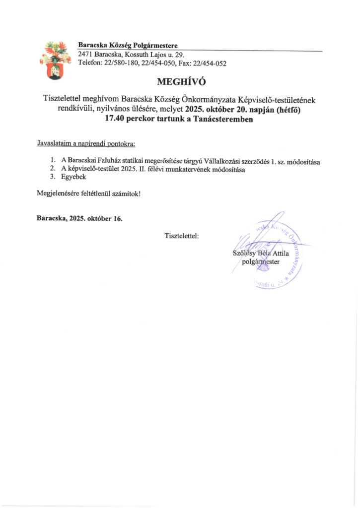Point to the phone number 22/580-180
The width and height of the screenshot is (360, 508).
(x=121, y=63)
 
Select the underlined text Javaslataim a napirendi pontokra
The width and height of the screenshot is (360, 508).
(x=86, y=144)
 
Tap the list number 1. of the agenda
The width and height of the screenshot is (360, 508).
(x=53, y=162)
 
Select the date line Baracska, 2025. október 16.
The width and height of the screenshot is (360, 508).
(x=79, y=218)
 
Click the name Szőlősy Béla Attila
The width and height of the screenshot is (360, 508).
(x=261, y=254)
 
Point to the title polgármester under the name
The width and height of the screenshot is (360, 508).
(x=261, y=261)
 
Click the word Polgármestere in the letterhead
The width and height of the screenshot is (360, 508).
(x=153, y=46)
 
